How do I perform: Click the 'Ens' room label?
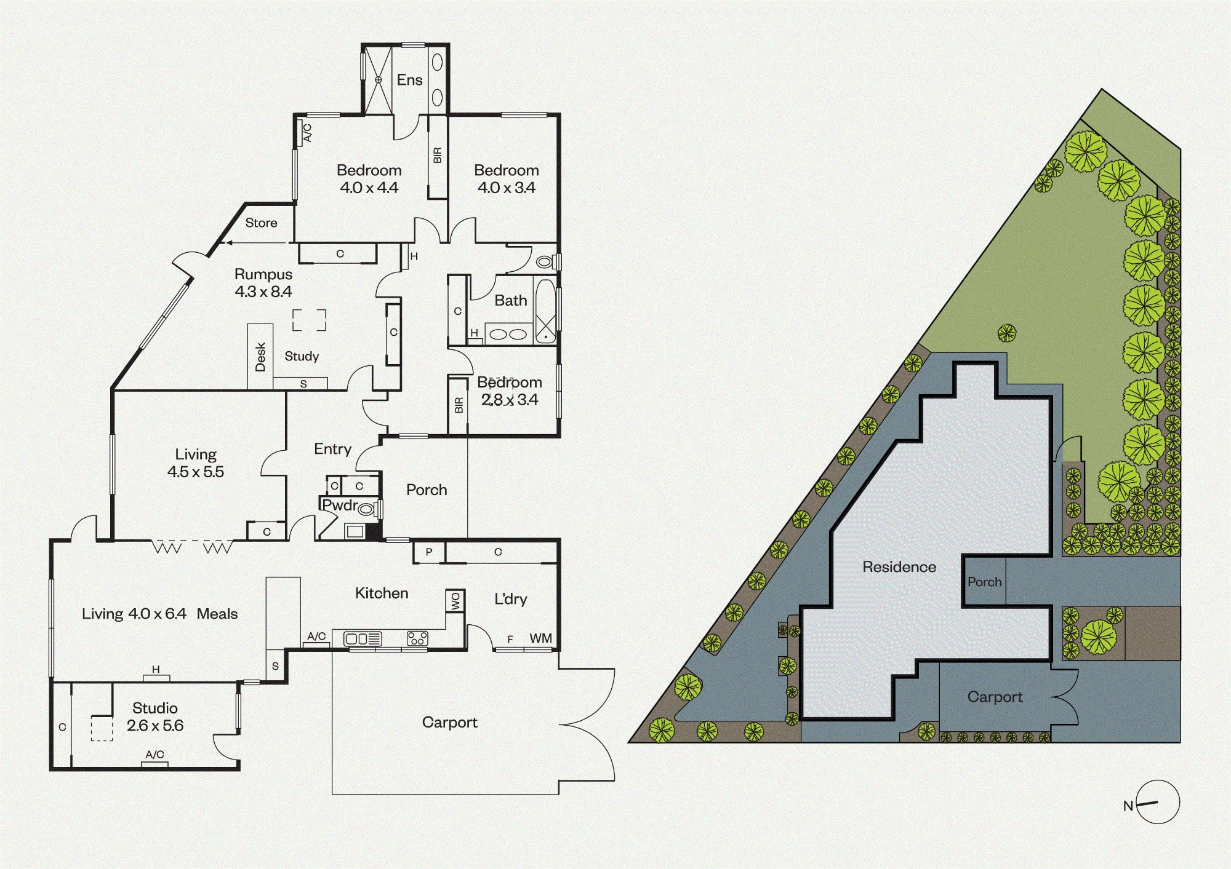(409, 80)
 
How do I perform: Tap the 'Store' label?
(261, 223)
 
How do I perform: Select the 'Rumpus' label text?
(263, 274)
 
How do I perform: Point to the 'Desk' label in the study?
(260, 357)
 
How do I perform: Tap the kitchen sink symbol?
(363, 639)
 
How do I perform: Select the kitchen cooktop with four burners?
(417, 638)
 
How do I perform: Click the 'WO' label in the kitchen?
(455, 601)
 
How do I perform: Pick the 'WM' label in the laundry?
(540, 638)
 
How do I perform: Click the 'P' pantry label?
(429, 552)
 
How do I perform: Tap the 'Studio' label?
(155, 708)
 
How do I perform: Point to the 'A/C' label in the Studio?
(154, 755)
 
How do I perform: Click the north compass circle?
(1158, 802)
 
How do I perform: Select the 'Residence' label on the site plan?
(899, 567)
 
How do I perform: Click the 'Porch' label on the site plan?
(984, 582)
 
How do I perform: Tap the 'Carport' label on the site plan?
(995, 697)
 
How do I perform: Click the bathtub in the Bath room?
(546, 311)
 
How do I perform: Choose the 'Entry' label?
(332, 450)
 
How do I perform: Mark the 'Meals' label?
(217, 614)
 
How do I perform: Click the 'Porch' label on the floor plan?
(427, 490)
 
